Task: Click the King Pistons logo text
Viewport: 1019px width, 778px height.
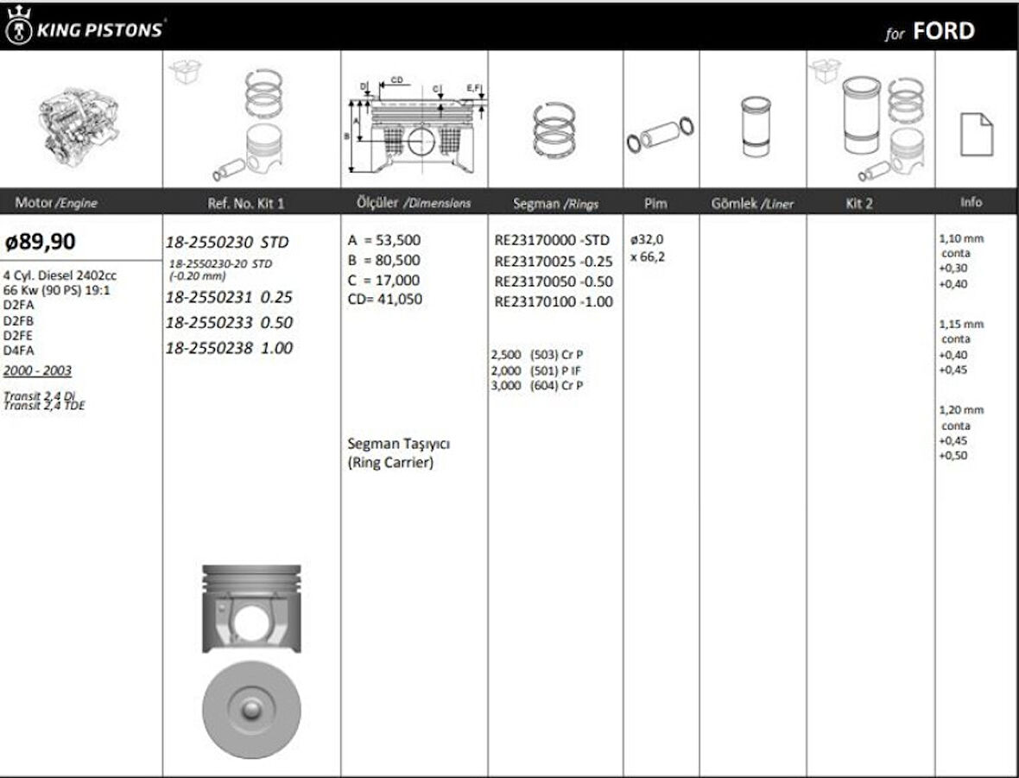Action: pos(98,30)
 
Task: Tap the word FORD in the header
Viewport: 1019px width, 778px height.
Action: pos(943,31)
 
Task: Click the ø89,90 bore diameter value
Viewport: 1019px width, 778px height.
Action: pos(40,242)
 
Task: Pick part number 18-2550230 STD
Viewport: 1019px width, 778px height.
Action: pos(226,242)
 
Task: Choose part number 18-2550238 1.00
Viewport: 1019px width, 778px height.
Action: pos(228,348)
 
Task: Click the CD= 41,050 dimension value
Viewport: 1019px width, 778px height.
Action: pos(384,300)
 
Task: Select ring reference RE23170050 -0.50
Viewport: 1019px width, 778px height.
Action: pos(554,281)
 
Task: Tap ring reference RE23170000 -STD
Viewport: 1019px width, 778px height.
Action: pos(552,240)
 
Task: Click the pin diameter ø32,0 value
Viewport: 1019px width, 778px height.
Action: pos(647,239)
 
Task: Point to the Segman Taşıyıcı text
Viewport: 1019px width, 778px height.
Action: pos(398,443)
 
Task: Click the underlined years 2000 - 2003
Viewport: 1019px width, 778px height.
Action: pos(37,370)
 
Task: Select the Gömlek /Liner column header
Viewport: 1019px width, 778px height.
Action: pos(751,204)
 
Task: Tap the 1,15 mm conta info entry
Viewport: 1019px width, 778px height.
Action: pos(960,332)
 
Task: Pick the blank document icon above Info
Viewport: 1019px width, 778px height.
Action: pos(976,134)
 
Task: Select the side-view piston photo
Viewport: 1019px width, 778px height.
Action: pos(251,609)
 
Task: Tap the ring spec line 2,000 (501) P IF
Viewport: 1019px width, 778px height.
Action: pos(535,370)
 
